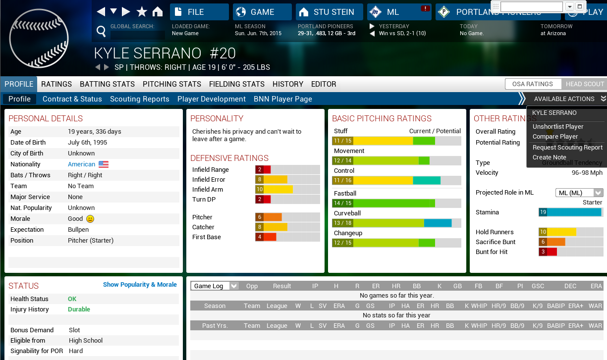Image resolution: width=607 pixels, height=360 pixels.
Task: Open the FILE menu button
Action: pyautogui.click(x=199, y=12)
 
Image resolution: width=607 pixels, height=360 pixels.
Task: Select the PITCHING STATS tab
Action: pyautogui.click(x=172, y=84)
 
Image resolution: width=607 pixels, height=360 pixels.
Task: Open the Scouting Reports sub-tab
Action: pyautogui.click(x=140, y=99)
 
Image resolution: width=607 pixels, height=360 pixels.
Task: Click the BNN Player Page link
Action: pyautogui.click(x=283, y=99)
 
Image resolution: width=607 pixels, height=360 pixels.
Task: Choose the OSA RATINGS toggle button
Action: pyautogui.click(x=533, y=84)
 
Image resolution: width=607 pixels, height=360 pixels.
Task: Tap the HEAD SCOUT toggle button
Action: pyautogui.click(x=585, y=84)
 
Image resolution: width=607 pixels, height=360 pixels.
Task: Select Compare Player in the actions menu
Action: pyautogui.click(x=555, y=137)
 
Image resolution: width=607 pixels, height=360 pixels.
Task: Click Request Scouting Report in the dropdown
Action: pyautogui.click(x=567, y=148)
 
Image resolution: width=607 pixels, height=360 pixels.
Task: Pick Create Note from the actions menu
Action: pyautogui.click(x=549, y=157)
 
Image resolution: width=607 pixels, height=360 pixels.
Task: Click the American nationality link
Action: pyautogui.click(x=81, y=164)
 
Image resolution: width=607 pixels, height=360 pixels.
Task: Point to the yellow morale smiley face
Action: pyautogui.click(x=90, y=219)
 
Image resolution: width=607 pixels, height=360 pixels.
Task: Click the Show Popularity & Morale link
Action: pyautogui.click(x=140, y=285)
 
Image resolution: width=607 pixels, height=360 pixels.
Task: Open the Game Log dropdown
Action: pyautogui.click(x=215, y=286)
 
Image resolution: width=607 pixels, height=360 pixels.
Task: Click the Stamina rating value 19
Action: pyautogui.click(x=543, y=212)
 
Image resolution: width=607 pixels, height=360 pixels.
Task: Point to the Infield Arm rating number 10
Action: pyautogui.click(x=259, y=190)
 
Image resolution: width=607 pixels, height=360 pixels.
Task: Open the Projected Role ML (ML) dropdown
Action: pyautogui.click(x=579, y=193)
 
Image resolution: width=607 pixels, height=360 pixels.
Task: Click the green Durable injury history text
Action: pyautogui.click(x=79, y=309)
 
